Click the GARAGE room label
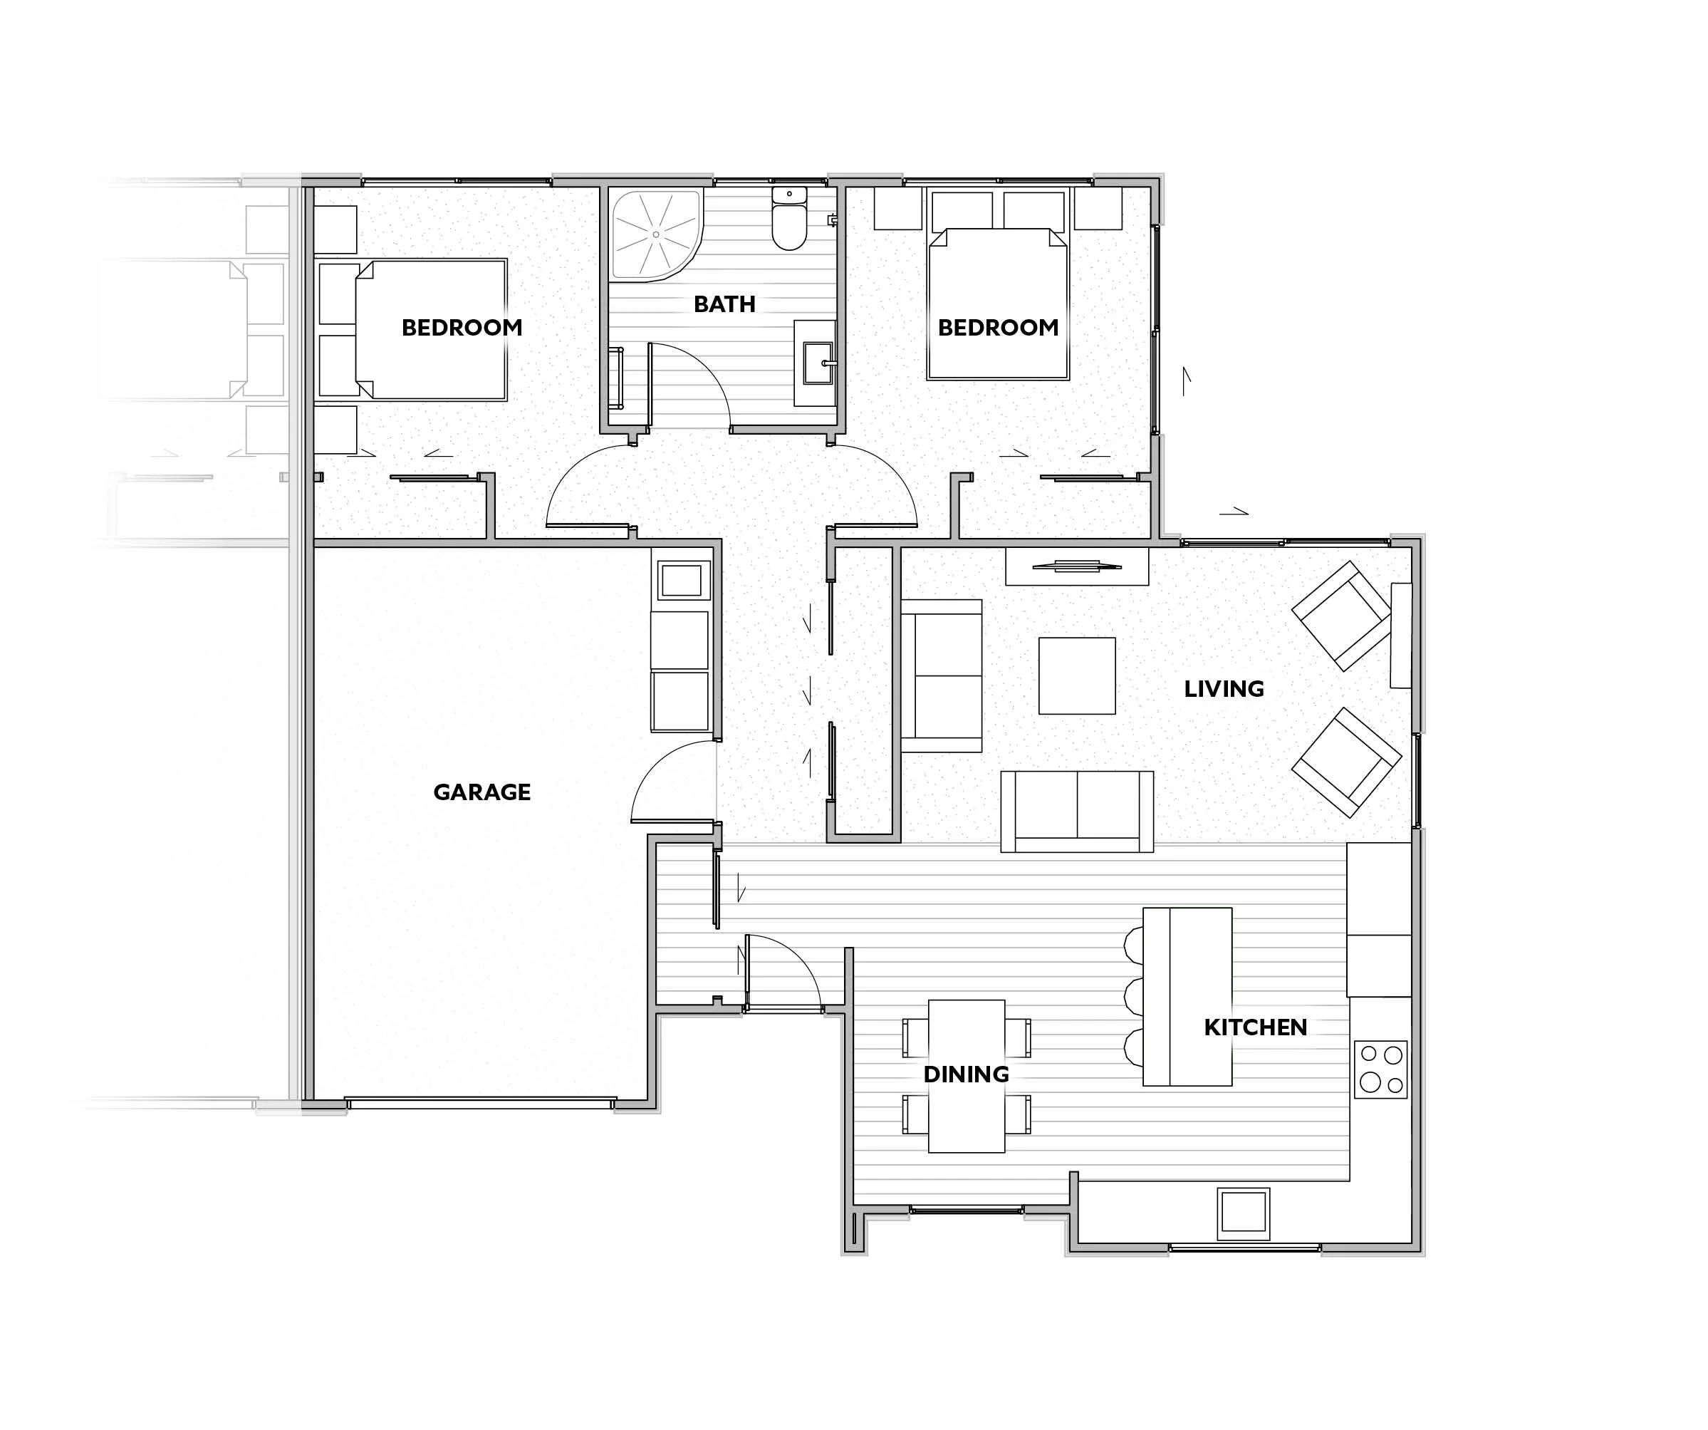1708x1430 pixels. [481, 792]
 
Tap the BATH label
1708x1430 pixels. [724, 304]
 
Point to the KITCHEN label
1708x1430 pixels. [1255, 1027]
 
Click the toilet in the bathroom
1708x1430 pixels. [789, 217]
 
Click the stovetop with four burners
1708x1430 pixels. [1380, 1069]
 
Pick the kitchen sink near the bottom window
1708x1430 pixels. [1243, 1214]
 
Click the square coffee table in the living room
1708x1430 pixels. [1077, 676]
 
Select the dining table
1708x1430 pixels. [967, 1076]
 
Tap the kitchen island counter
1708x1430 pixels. [1187, 998]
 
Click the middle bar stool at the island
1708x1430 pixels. [1133, 997]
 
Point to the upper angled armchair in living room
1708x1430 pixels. [1342, 616]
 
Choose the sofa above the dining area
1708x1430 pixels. [1077, 812]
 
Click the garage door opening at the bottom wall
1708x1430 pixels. [480, 1103]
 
